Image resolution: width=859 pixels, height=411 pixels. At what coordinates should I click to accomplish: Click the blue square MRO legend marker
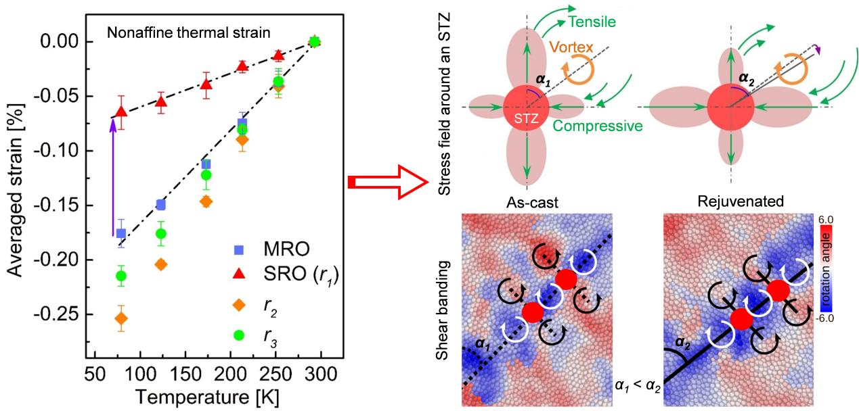238,249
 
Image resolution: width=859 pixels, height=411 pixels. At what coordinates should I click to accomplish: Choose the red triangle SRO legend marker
238,276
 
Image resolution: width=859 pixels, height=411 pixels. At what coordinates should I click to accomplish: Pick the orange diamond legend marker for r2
238,306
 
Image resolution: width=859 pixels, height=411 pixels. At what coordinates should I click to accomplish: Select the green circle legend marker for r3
238,334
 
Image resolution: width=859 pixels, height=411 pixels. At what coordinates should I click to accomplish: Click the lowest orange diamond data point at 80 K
121,318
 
